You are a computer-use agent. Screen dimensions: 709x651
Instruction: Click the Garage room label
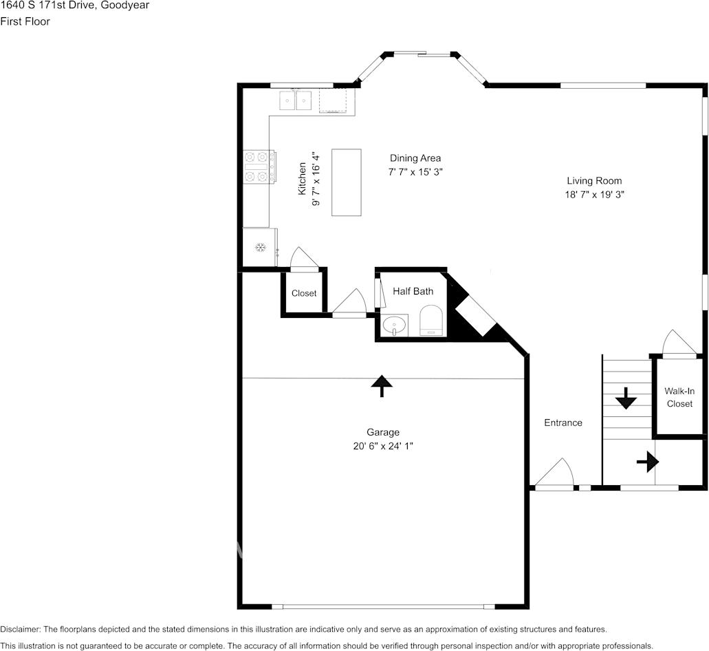[382, 432]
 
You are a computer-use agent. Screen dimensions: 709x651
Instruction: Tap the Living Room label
[594, 180]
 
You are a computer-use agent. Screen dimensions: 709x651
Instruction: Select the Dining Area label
[415, 158]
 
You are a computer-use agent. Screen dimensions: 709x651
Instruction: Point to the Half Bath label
[413, 291]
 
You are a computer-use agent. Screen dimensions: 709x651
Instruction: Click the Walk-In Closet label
[679, 397]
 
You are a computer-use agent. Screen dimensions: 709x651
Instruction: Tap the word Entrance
[563, 423]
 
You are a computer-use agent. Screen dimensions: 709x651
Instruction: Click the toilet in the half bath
[431, 320]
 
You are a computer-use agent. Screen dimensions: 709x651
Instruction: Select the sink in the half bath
[395, 325]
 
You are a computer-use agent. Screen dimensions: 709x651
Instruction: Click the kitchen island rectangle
[347, 182]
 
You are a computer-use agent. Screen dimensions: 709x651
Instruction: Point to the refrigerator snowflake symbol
[260, 248]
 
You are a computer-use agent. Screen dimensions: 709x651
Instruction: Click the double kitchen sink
[295, 100]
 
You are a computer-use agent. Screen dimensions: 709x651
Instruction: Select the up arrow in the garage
[382, 386]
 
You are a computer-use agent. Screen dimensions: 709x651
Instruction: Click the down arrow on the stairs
[626, 398]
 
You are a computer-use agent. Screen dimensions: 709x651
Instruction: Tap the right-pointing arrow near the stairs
[648, 462]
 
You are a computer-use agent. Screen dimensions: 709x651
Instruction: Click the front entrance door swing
[555, 473]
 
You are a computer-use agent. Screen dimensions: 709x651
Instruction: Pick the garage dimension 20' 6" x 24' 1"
[383, 446]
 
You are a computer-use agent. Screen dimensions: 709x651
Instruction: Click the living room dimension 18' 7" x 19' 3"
[594, 195]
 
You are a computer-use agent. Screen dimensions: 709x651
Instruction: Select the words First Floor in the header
[25, 21]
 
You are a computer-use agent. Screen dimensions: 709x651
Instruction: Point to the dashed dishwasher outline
[333, 100]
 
